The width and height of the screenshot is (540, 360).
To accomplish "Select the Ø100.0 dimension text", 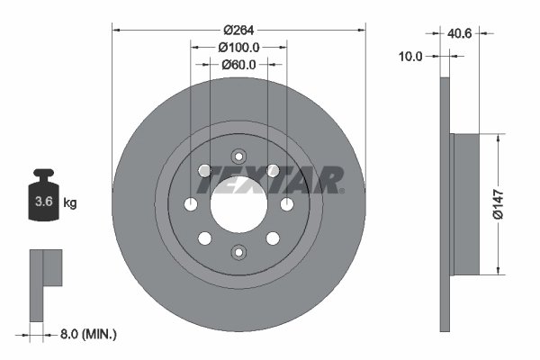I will (238, 46).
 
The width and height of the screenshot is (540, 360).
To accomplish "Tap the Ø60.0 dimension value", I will (239, 64).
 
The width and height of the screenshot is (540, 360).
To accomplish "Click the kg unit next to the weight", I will (70, 203).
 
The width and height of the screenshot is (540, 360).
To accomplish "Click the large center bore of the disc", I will (238, 204).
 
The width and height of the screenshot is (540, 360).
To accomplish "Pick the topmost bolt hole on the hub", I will (238, 156).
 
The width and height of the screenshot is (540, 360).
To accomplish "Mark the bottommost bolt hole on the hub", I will (238, 252).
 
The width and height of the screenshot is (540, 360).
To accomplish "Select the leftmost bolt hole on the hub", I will (191, 204).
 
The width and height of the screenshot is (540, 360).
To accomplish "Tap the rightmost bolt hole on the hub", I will (287, 204).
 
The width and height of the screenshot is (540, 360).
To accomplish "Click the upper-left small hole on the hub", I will (205, 170).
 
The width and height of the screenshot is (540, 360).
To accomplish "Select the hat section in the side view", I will (466, 204).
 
